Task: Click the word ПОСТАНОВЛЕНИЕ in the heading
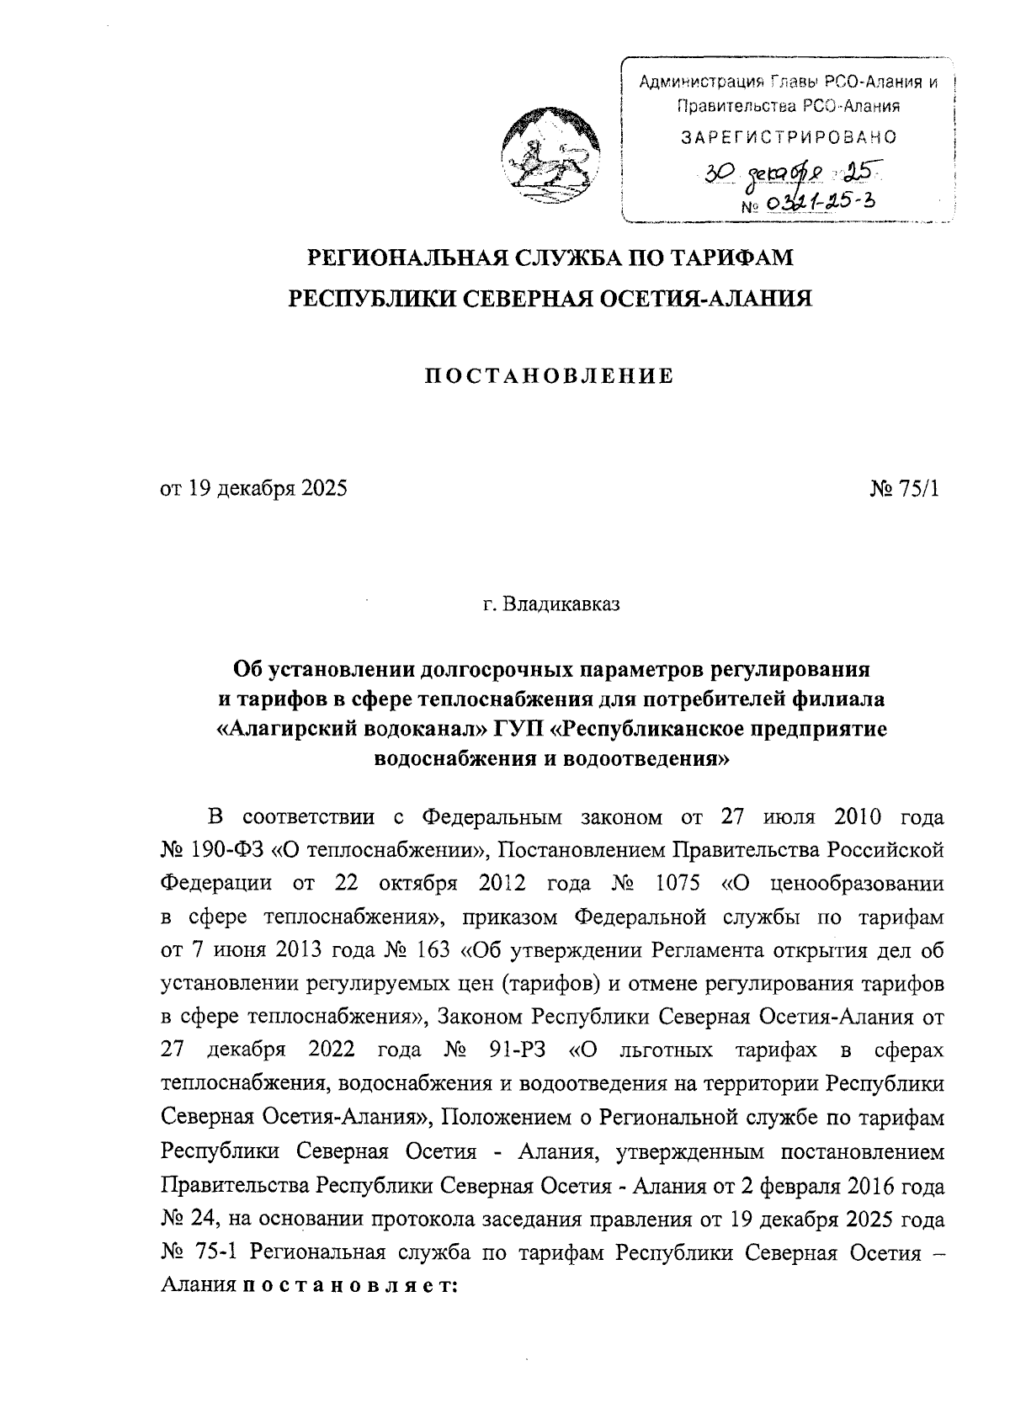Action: click(548, 376)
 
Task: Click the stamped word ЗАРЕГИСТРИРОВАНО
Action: click(789, 136)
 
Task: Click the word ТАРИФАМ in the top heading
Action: click(730, 257)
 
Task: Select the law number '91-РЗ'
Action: click(516, 1050)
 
